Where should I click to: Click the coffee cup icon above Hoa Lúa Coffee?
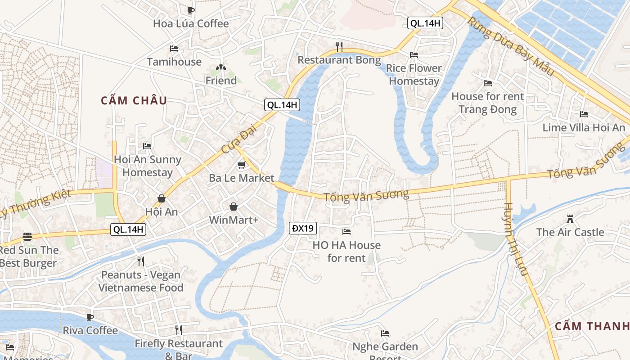[191, 10]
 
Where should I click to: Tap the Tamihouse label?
[174, 62]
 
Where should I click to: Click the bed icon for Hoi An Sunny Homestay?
[147, 146]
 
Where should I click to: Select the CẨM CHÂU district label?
[134, 100]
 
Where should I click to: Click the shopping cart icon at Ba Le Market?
[241, 165]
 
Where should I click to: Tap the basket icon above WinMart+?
[234, 207]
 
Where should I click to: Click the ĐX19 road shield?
[303, 228]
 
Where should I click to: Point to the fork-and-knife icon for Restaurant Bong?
[339, 46]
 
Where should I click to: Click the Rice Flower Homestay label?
[414, 75]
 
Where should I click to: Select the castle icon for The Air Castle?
[570, 219]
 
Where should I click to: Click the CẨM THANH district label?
[592, 326]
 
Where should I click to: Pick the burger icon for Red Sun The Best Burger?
[27, 237]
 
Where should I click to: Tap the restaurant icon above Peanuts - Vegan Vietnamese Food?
[141, 261]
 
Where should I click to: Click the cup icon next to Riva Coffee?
[90, 317]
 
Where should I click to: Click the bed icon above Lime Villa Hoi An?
[584, 114]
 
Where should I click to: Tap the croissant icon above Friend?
[220, 68]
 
